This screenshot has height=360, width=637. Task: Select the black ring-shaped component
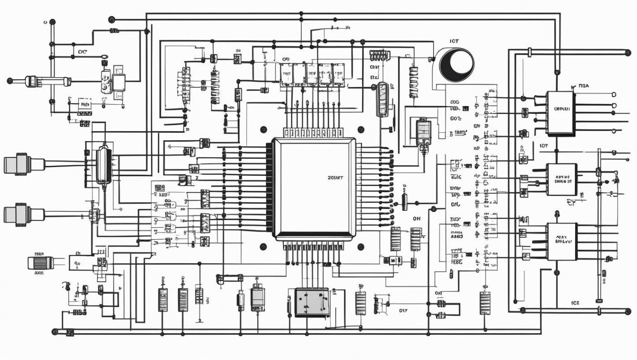point(456,65)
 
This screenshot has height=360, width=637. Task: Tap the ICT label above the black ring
point(454,41)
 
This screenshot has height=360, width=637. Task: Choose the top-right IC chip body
point(560,112)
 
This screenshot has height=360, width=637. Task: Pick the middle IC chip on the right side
point(561,179)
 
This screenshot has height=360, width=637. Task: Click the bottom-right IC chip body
point(561,241)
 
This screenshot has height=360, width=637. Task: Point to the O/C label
point(82,52)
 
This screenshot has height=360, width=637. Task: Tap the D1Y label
point(403,311)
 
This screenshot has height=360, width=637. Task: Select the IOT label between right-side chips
point(543,146)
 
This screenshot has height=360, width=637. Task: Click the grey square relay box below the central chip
point(312,302)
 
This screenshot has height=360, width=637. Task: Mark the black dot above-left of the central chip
point(263,129)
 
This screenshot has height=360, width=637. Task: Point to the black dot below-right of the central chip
point(361,247)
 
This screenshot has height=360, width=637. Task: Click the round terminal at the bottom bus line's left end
point(55,332)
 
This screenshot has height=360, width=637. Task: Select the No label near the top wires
point(348,28)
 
